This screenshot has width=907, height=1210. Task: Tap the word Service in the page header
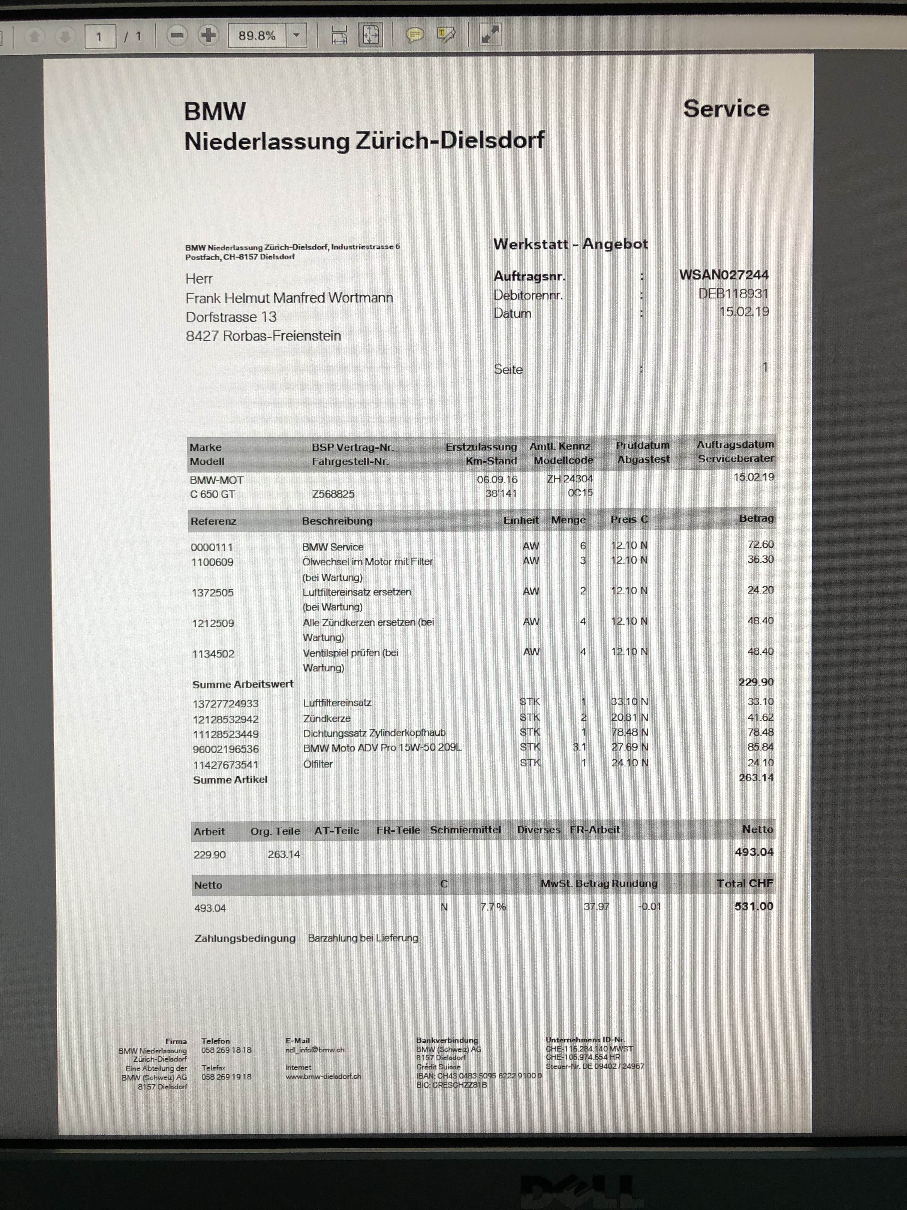pos(726,109)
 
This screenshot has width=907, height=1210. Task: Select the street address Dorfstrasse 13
pos(231,317)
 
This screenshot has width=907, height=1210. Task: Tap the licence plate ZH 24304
pos(570,479)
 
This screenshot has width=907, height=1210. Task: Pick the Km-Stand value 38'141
pos(501,493)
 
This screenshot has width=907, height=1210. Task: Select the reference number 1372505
pos(213,592)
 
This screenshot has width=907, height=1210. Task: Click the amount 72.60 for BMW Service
pos(760,544)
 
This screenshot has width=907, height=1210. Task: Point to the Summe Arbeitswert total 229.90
pos(756,682)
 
